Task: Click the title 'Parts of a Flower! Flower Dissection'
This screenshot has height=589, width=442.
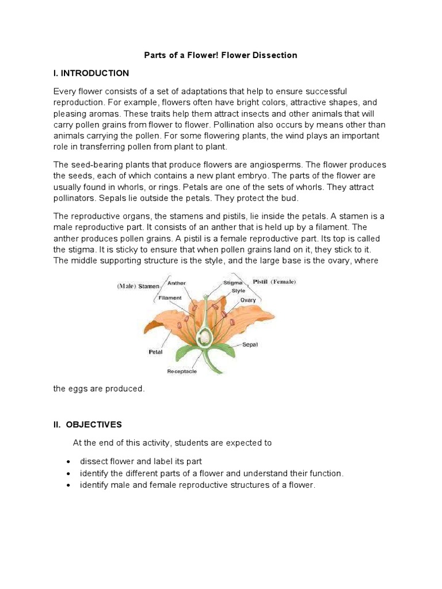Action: (220, 55)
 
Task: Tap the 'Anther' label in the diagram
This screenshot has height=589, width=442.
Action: (176, 282)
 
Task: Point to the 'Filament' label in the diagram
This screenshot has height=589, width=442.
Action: (170, 297)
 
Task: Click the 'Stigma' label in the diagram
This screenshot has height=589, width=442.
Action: (233, 283)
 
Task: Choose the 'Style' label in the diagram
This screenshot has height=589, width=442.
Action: (238, 291)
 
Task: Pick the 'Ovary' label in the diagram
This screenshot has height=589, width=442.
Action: (248, 300)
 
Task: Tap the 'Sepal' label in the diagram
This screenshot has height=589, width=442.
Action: (250, 345)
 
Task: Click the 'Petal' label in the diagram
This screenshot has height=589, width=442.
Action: (155, 351)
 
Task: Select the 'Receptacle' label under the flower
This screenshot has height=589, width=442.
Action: (182, 372)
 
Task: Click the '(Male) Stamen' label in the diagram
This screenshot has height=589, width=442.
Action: (139, 285)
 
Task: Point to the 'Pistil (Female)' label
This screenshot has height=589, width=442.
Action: (275, 282)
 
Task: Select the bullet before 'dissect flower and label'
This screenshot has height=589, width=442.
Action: (69, 462)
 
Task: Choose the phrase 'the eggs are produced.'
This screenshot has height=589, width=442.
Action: (99, 389)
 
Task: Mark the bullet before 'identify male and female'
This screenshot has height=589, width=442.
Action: (69, 485)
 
